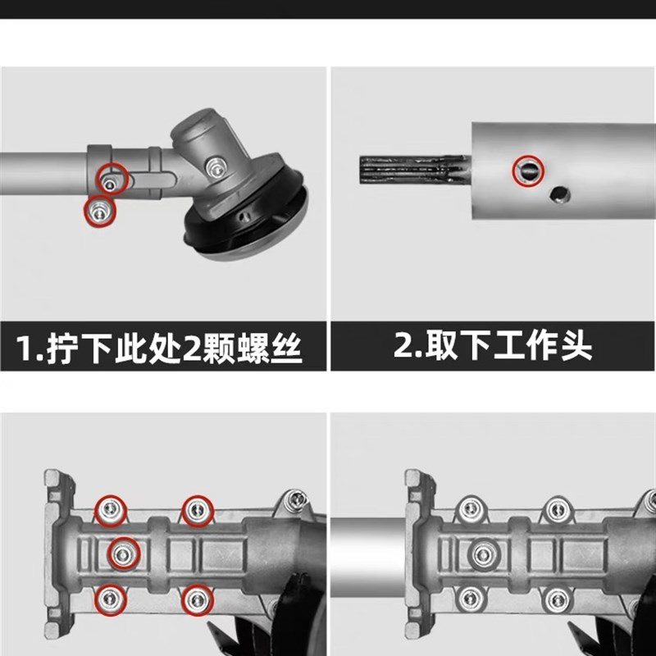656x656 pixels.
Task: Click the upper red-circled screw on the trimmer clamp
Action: point(110,176)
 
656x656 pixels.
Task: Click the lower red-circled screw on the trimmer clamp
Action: point(100,210)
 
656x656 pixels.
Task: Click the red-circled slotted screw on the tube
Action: point(527,170)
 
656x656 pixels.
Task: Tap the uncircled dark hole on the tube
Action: point(561,194)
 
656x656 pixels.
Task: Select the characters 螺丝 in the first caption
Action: point(279,348)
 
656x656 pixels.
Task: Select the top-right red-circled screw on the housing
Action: point(195,511)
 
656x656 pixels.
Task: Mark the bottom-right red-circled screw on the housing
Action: point(195,599)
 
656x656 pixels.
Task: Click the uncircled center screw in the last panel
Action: point(483,554)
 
